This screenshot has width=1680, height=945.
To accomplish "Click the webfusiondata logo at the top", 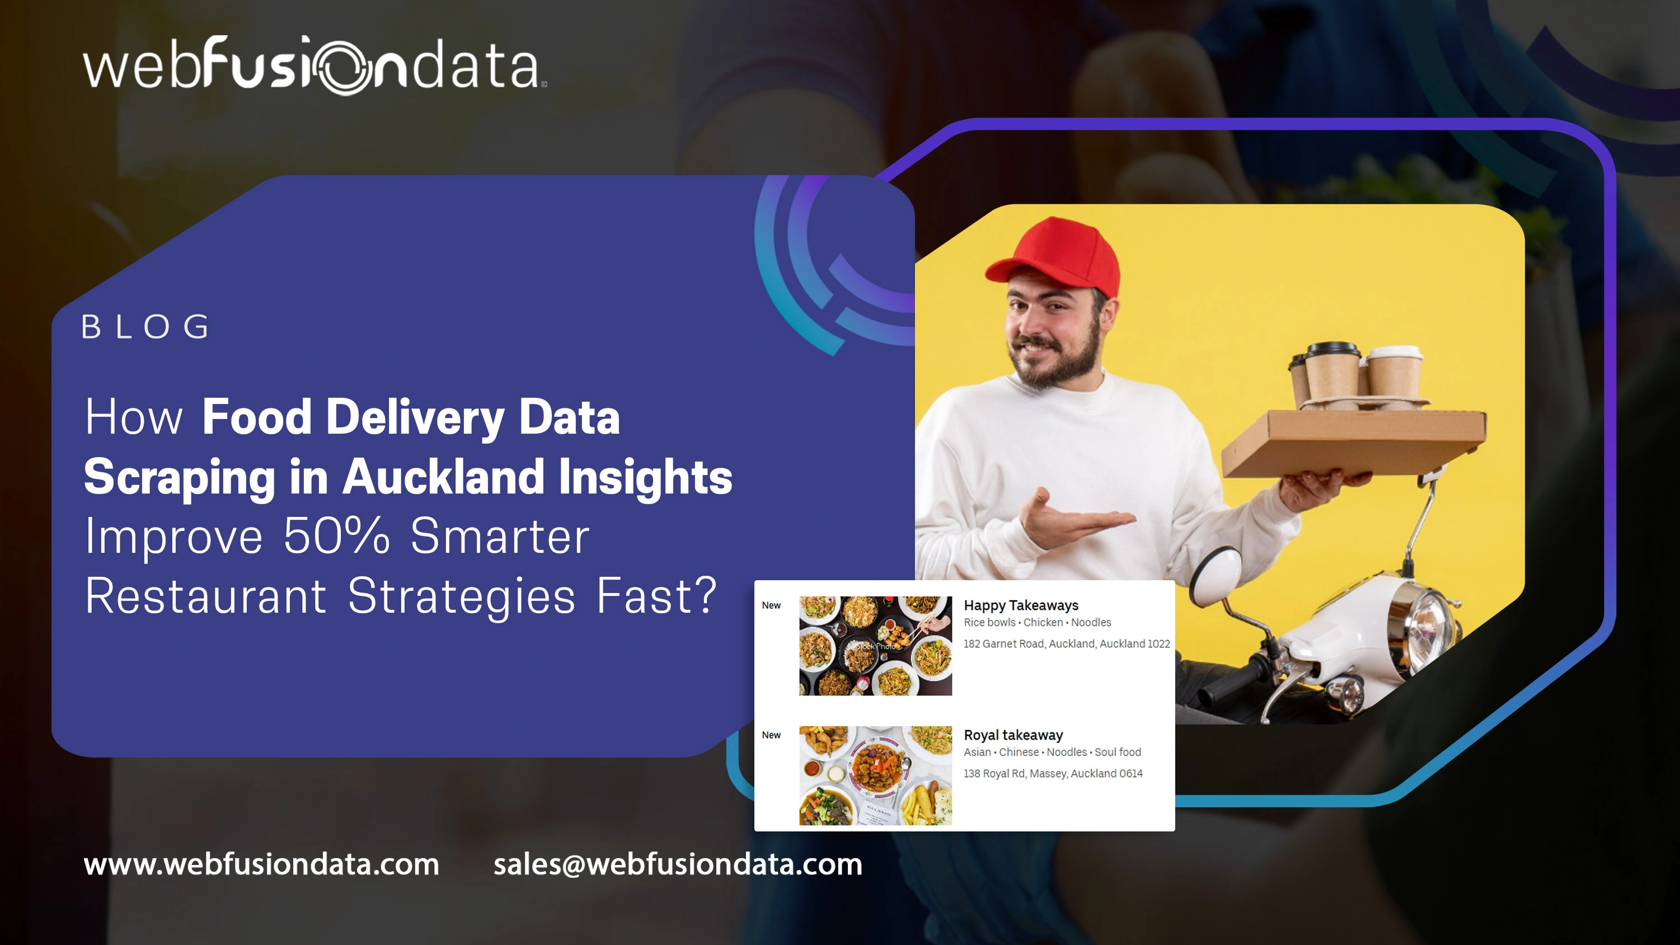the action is point(315,65).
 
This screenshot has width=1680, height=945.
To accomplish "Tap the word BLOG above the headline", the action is point(146,327).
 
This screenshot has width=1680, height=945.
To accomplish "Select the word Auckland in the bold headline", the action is point(443,476).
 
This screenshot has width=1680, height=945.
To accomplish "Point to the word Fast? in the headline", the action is point(657,595).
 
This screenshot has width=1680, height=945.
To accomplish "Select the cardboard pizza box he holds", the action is point(1353,444).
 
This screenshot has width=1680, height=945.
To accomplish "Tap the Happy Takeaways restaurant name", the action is point(1021,605).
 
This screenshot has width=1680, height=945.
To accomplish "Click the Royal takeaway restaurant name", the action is point(1013,735).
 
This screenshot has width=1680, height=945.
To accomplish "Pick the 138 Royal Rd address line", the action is point(1053,773).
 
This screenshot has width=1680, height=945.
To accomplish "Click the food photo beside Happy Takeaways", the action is point(875,646).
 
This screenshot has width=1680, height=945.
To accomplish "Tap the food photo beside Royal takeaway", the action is point(875,775).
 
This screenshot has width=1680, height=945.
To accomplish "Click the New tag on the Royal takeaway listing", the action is point(771,735).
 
